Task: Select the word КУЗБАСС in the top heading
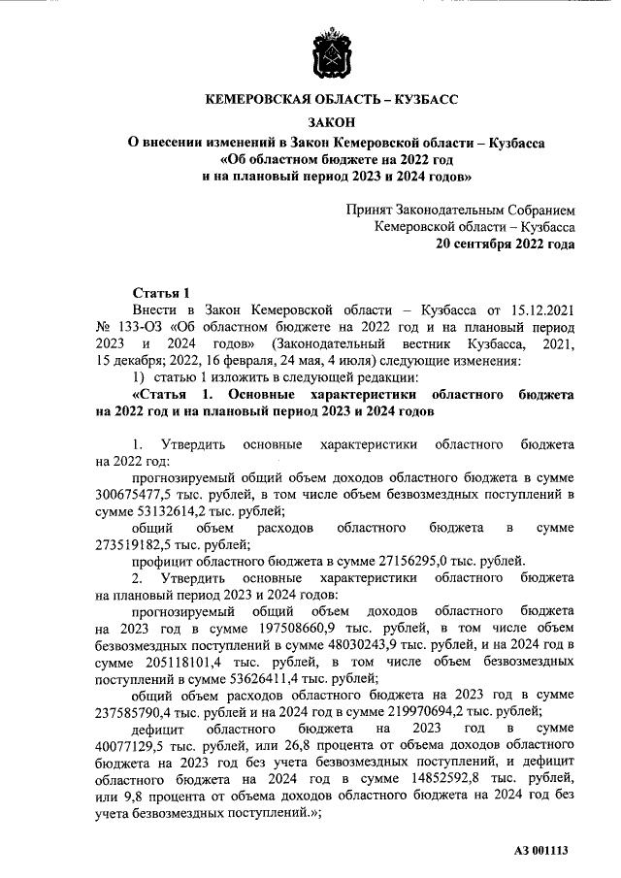[416, 99]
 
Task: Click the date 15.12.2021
[531, 310]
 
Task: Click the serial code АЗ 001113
[540, 851]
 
